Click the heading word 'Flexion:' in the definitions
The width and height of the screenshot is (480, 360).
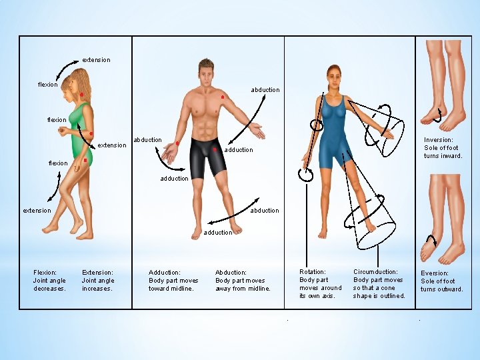tap(45, 272)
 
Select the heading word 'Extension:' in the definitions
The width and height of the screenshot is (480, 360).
tap(97, 272)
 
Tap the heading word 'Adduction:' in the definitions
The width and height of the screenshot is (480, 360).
tap(165, 272)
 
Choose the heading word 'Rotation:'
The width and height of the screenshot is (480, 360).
tap(313, 271)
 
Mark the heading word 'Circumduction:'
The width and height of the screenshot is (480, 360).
tap(375, 271)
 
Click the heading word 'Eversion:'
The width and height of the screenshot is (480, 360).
tap(435, 273)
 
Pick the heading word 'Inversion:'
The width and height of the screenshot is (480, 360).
tap(439, 140)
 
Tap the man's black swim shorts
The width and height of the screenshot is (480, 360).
tap(204, 157)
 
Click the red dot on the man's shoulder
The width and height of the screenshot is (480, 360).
tap(222, 98)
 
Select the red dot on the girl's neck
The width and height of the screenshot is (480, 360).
tap(81, 95)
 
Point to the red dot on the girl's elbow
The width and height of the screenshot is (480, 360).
tap(91, 134)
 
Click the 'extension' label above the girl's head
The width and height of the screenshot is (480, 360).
tap(96, 60)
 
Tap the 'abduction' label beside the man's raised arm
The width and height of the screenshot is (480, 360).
tap(265, 89)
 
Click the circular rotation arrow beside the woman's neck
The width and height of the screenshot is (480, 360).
tap(317, 124)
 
